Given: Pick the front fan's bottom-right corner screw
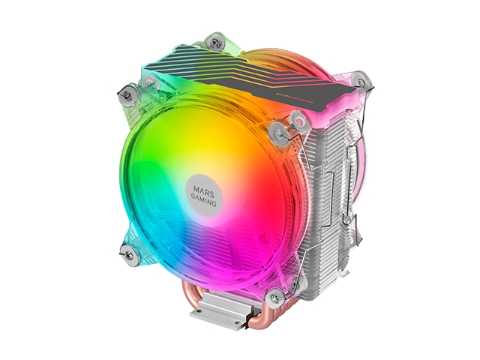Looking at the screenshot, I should (276, 292).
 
